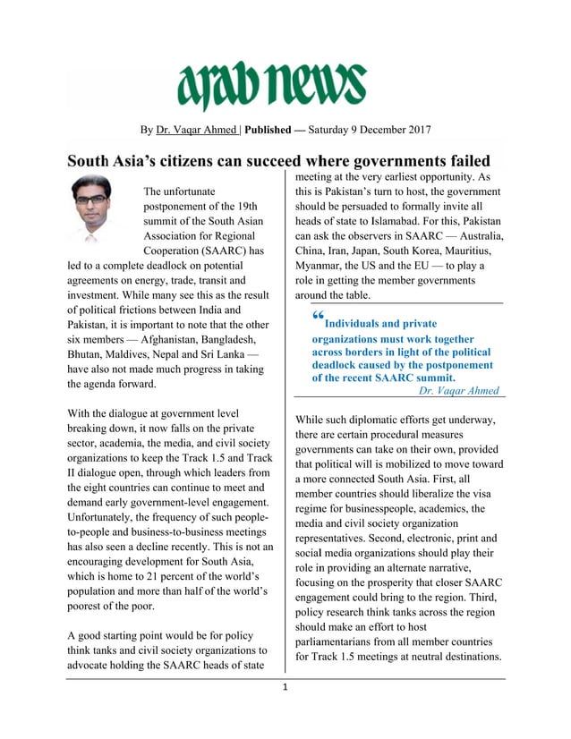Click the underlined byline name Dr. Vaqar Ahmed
(x=195, y=130)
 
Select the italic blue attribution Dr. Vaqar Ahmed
(x=460, y=391)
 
